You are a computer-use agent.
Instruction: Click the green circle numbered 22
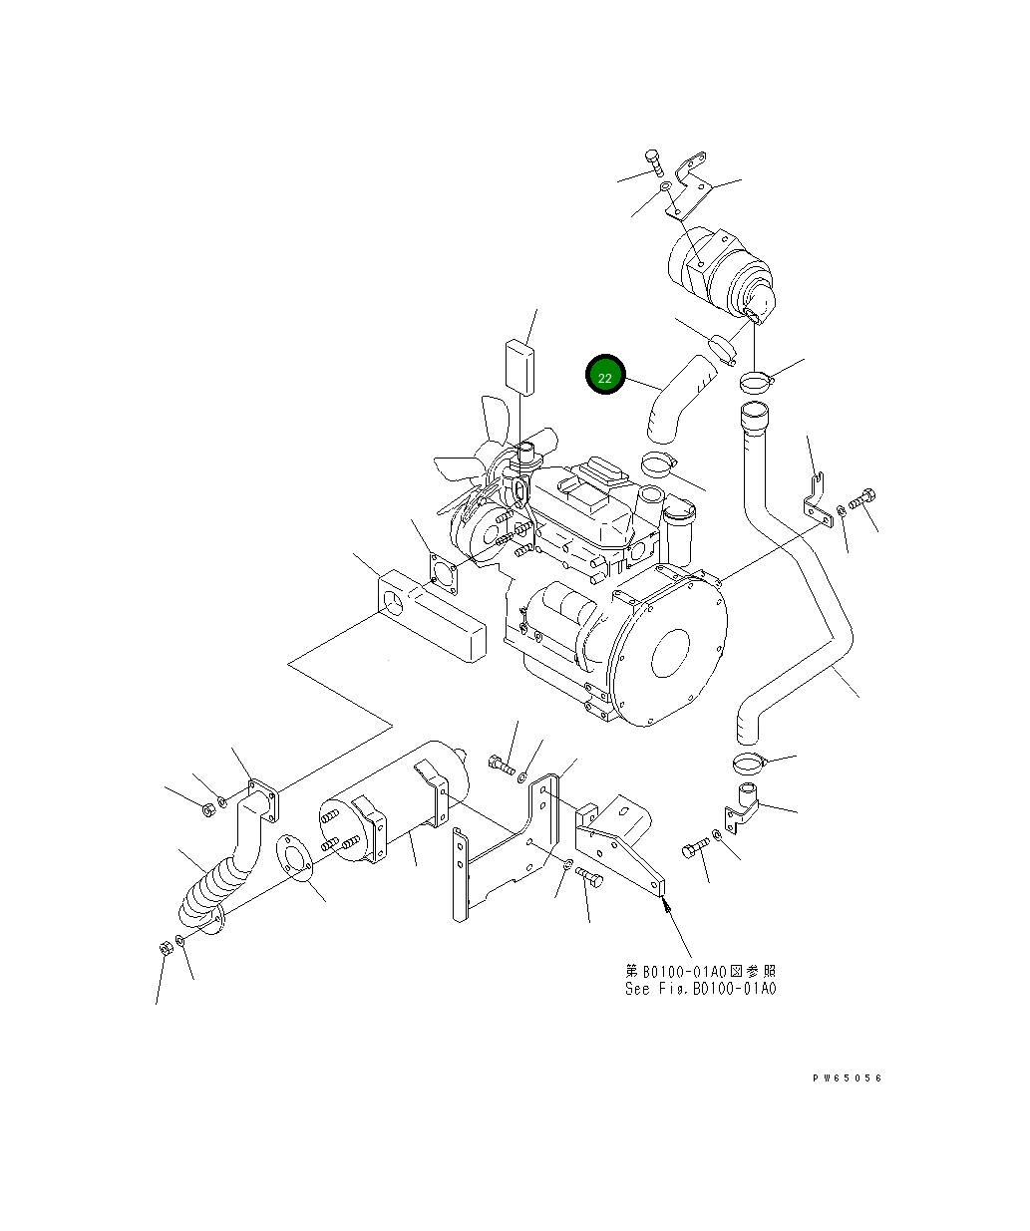coord(604,375)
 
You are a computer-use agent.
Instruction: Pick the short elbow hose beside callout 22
coord(678,399)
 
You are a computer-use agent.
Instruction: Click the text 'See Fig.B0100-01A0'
coord(700,989)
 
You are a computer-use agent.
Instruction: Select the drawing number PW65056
coord(847,1077)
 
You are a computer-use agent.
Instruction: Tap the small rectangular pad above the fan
coord(518,366)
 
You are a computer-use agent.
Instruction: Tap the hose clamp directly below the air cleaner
coord(756,379)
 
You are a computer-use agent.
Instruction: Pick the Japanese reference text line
coord(700,971)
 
